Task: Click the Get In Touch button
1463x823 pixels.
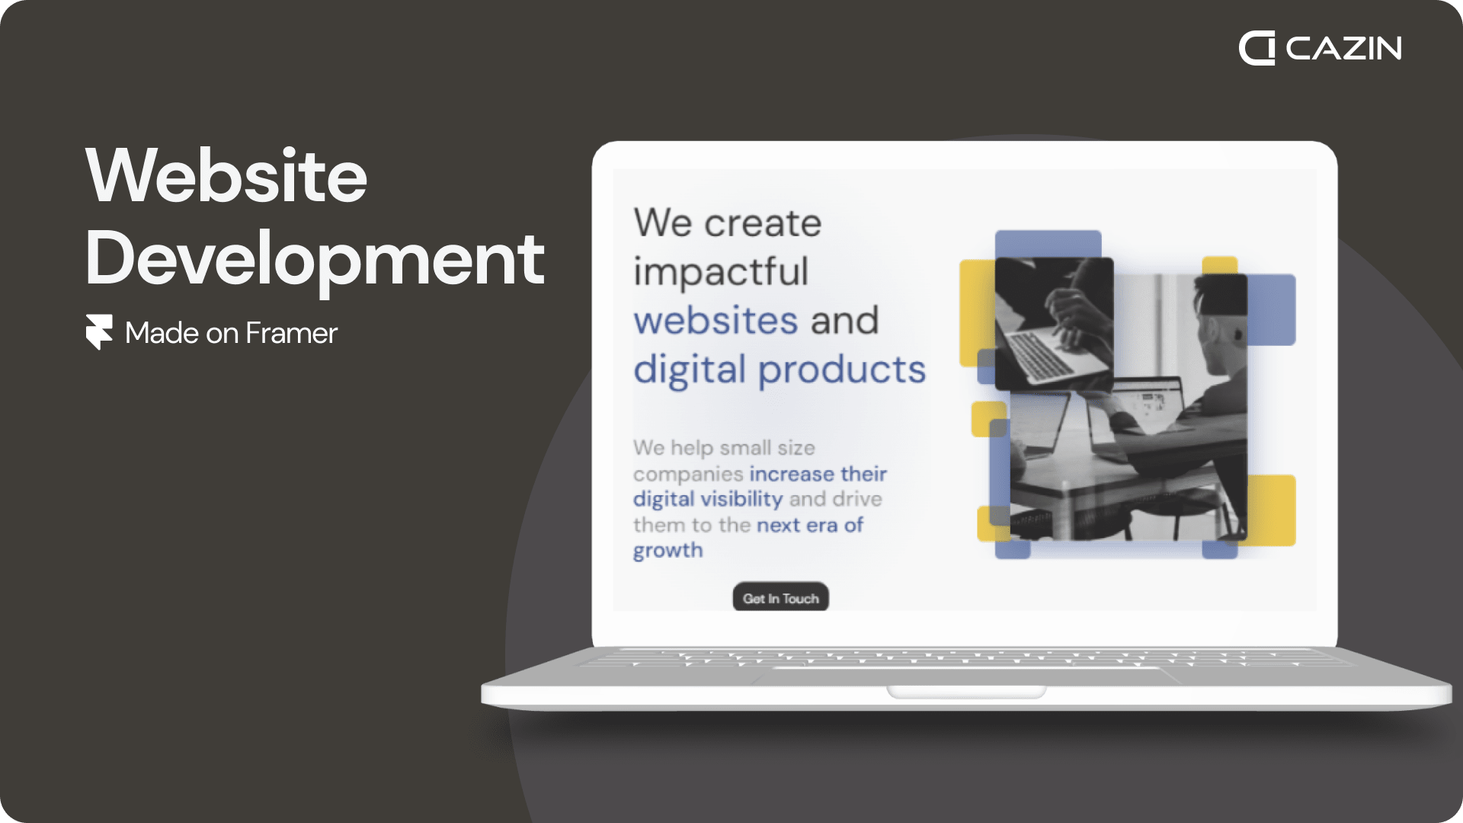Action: point(780,598)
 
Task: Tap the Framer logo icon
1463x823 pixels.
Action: point(99,331)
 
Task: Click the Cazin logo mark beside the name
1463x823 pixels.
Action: point(1257,48)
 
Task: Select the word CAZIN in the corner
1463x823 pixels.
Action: point(1343,49)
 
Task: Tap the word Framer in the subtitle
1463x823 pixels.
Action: point(291,333)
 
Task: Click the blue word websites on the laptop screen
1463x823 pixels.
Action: point(716,320)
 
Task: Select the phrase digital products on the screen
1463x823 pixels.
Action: point(780,370)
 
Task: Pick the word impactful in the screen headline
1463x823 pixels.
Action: point(721,272)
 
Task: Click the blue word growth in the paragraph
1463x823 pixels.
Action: point(668,550)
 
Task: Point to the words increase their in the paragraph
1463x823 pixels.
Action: point(818,474)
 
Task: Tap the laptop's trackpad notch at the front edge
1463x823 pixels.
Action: point(966,692)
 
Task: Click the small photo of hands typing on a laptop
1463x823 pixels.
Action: point(1055,324)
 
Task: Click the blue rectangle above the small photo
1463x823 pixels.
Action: point(1048,244)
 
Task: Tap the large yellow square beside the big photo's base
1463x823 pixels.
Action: point(1271,510)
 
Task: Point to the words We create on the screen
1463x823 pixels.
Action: point(728,223)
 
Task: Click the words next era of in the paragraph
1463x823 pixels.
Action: point(810,525)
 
